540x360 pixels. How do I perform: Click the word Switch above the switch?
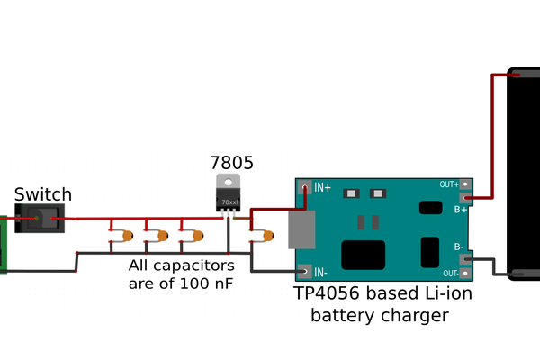coord(43,194)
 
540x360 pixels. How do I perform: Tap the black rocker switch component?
coord(39,219)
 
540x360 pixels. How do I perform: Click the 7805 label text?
coord(231,163)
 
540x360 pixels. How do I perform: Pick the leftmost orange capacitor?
coord(128,236)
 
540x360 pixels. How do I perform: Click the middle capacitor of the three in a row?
coord(163,236)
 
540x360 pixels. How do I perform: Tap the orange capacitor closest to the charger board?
coord(267,236)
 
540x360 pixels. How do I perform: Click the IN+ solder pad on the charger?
coord(306,188)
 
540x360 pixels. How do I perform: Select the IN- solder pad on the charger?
coord(306,271)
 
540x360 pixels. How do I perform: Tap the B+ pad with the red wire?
coord(465,198)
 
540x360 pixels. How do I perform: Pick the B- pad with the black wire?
coord(465,258)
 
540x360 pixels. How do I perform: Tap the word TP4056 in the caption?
coord(327,294)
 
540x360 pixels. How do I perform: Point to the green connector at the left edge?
coord(3,243)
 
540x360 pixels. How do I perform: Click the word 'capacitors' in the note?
coord(193,265)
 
